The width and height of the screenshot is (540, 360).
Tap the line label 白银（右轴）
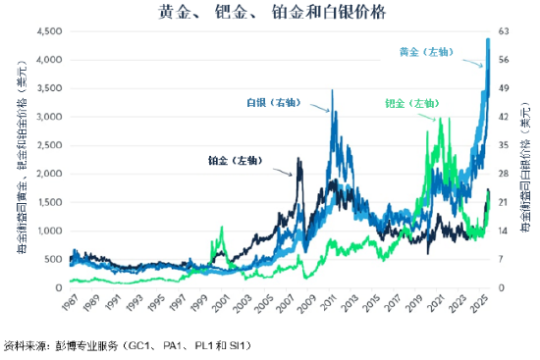coord(272,102)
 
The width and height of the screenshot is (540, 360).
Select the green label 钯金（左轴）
coord(412,103)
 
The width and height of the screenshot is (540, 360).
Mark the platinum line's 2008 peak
coord(299,158)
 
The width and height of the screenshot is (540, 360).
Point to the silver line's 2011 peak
coord(332,91)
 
